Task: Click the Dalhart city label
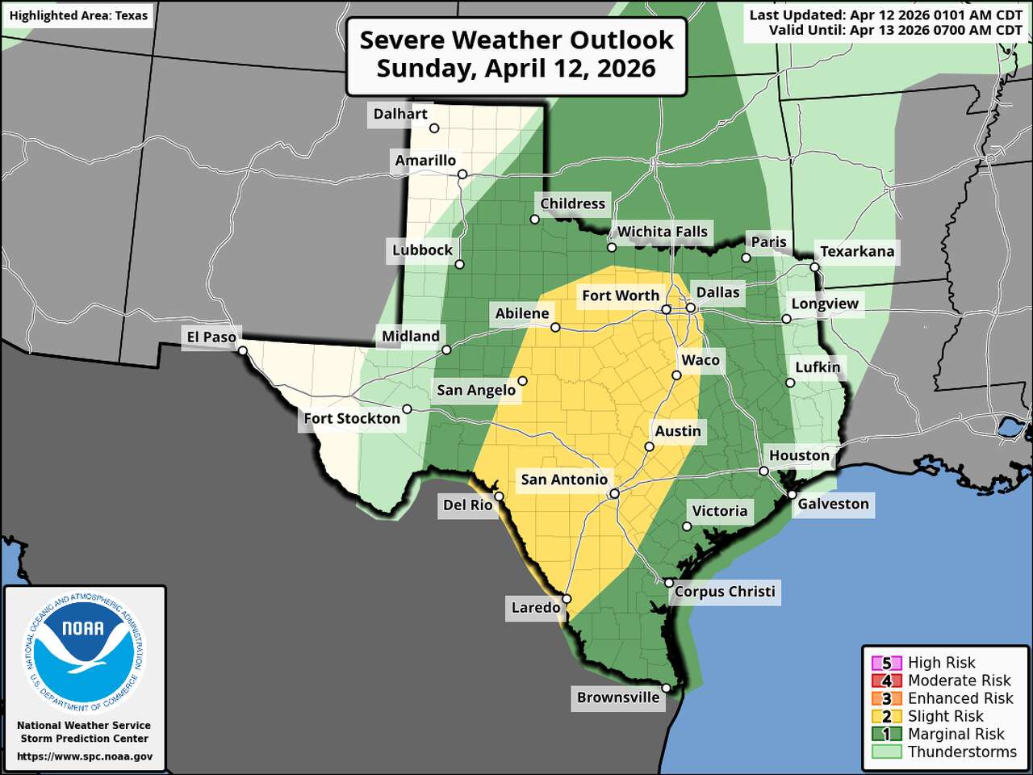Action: point(400,114)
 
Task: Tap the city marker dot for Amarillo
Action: point(462,174)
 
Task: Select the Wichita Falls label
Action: point(662,232)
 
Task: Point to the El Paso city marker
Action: point(243,350)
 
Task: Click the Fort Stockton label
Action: point(352,418)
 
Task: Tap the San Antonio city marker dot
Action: point(614,493)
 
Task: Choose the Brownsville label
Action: point(618,697)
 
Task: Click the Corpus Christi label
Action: point(725,592)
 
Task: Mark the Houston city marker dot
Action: point(763,471)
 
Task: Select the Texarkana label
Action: point(857,251)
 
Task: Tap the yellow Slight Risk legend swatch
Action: point(886,717)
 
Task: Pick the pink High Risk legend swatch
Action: point(886,664)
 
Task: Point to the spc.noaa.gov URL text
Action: point(85,756)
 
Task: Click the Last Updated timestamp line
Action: point(885,15)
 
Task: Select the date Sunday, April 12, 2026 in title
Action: point(516,69)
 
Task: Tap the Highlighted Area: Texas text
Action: point(78,15)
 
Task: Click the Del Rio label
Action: point(467,505)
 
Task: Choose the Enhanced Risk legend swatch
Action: point(886,699)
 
